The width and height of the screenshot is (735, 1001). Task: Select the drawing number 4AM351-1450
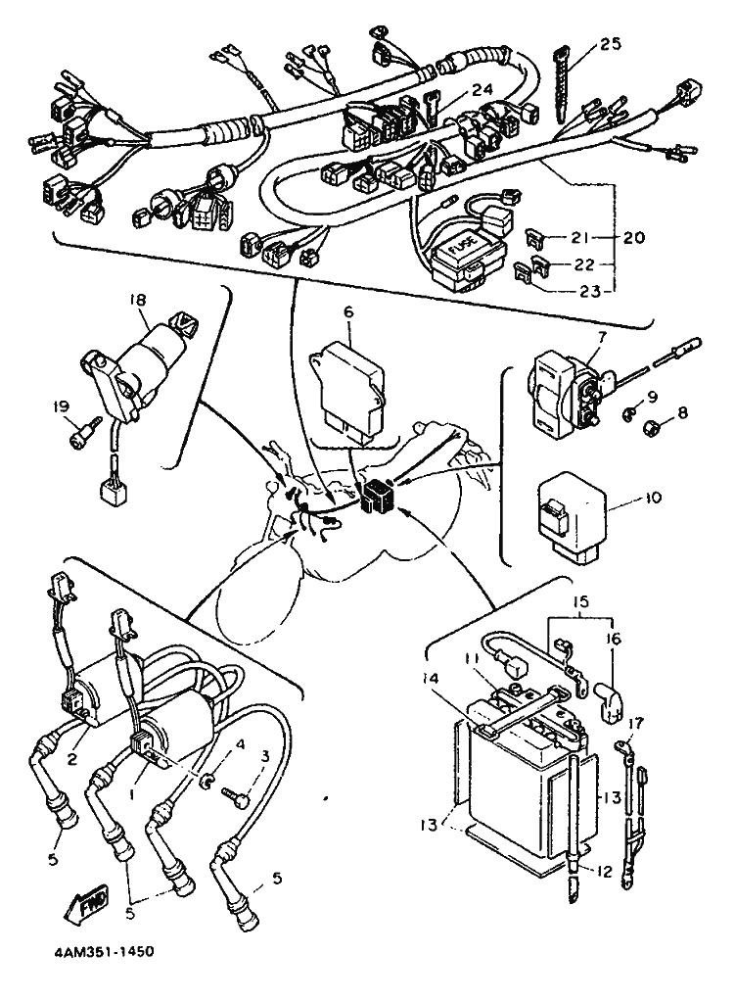click(100, 952)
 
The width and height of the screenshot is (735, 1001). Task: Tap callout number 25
click(610, 44)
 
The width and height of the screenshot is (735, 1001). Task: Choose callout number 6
click(347, 312)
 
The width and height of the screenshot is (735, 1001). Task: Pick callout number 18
click(138, 299)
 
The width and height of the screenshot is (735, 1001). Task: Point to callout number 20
click(633, 237)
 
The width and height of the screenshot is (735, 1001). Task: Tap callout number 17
click(636, 723)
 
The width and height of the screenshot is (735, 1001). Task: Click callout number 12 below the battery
click(604, 871)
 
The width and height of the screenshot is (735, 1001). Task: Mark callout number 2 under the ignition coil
click(72, 759)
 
